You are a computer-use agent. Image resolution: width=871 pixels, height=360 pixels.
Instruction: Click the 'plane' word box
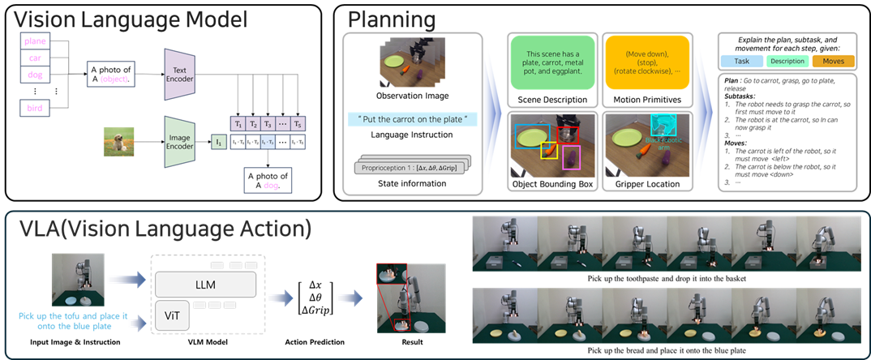click(x=36, y=41)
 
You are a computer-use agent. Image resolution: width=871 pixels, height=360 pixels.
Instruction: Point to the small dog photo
click(x=118, y=142)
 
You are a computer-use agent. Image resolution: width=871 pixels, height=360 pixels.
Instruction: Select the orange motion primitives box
click(x=642, y=62)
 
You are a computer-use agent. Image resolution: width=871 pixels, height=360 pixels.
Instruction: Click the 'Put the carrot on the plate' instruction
click(x=413, y=119)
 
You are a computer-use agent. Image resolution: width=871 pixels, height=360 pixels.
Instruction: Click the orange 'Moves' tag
click(x=833, y=62)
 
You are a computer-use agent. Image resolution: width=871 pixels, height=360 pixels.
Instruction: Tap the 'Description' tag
click(x=788, y=62)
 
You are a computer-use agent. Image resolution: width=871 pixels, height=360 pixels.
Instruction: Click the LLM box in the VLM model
click(x=206, y=284)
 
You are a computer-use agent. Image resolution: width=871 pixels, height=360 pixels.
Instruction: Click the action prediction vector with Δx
click(x=316, y=297)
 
